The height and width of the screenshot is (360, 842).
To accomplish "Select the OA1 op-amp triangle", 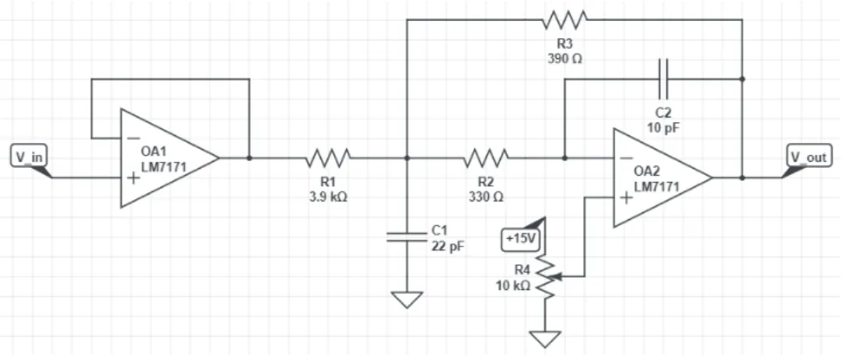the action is tap(169, 158).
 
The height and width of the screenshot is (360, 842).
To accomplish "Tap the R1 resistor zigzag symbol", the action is tap(328, 158).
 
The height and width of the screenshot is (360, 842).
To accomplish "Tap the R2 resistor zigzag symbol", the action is tap(486, 158).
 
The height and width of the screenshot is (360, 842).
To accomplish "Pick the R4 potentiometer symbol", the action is tap(547, 278).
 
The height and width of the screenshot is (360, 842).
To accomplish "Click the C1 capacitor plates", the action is tap(407, 237).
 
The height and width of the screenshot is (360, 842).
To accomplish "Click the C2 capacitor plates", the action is tap(663, 79).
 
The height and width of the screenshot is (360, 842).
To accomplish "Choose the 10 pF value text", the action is tap(664, 128).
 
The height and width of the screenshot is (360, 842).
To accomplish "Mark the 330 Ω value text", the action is tap(486, 197).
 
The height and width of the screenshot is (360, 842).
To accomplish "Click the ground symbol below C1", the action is tap(407, 300).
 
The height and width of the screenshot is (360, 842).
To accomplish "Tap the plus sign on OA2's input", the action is tap(626, 197).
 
